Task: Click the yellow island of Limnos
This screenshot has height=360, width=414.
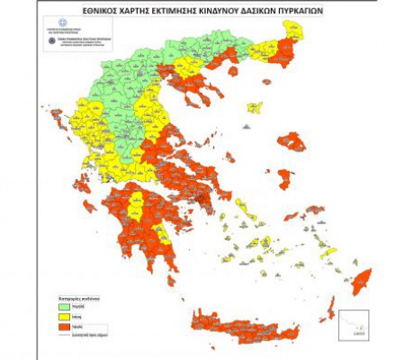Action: pyautogui.click(x=255, y=108)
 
